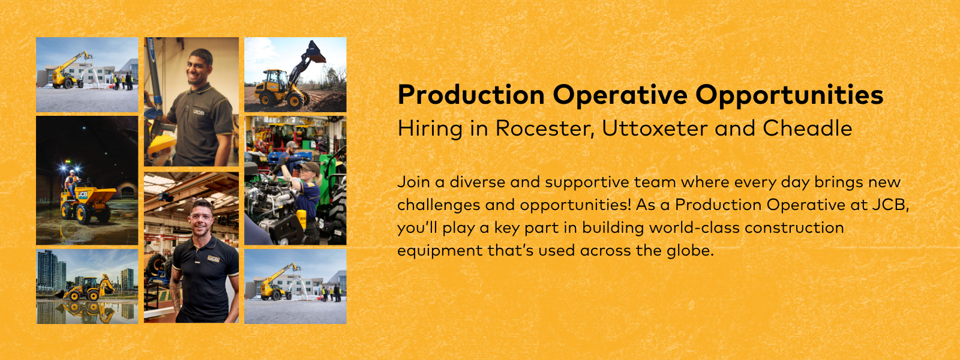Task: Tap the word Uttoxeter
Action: click(655, 128)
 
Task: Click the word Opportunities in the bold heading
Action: click(790, 95)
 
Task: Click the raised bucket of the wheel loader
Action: click(314, 52)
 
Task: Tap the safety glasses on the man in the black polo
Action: click(200, 217)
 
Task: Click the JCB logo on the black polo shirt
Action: click(213, 259)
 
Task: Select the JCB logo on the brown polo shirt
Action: click(199, 112)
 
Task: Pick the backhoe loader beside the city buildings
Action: click(87, 289)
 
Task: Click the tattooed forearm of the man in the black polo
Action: click(176, 293)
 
